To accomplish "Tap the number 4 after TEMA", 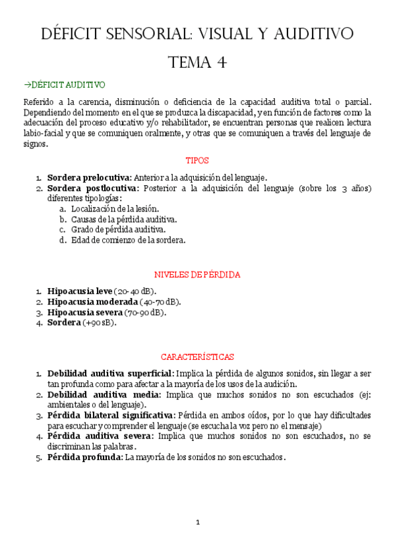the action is point(222,63).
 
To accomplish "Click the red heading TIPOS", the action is point(197,160).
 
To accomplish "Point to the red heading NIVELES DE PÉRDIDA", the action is point(197,274).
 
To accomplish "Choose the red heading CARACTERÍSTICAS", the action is point(197,357).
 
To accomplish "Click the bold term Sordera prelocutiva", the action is point(89,177).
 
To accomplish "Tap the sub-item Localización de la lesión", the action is point(115,208).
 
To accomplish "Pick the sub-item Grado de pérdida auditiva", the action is point(118,229).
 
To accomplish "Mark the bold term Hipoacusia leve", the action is point(80,291).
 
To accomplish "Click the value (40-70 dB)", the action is point(160,302).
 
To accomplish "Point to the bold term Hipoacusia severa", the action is point(85,312).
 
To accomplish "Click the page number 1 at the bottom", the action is point(197,523).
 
